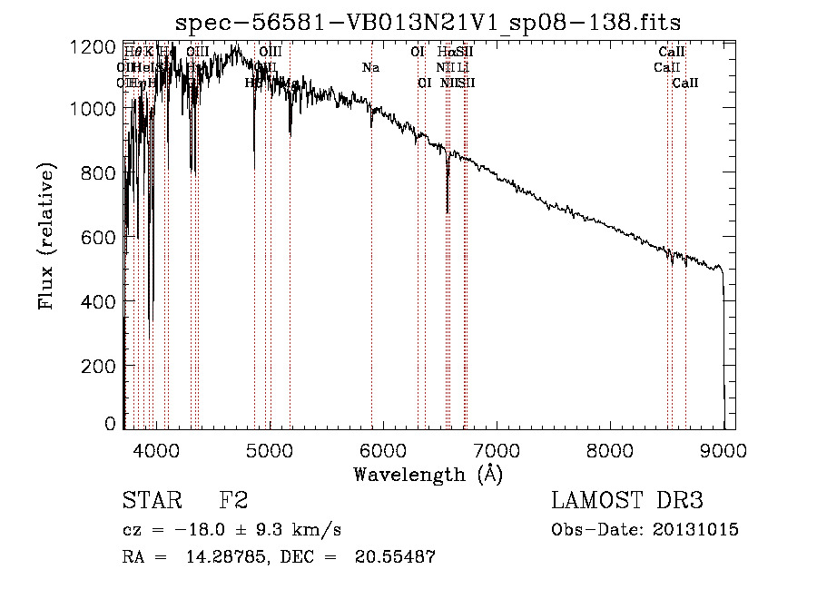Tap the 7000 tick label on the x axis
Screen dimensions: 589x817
pyautogui.click(x=497, y=449)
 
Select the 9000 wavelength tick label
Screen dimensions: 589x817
pyautogui.click(x=723, y=449)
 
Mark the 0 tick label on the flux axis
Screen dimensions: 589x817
pyautogui.click(x=110, y=424)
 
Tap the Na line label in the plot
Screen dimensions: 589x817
pyautogui.click(x=370, y=67)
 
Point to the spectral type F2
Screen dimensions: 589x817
pyautogui.click(x=233, y=501)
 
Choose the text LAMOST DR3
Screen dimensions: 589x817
pyautogui.click(x=627, y=501)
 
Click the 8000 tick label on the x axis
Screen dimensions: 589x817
pyautogui.click(x=610, y=449)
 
